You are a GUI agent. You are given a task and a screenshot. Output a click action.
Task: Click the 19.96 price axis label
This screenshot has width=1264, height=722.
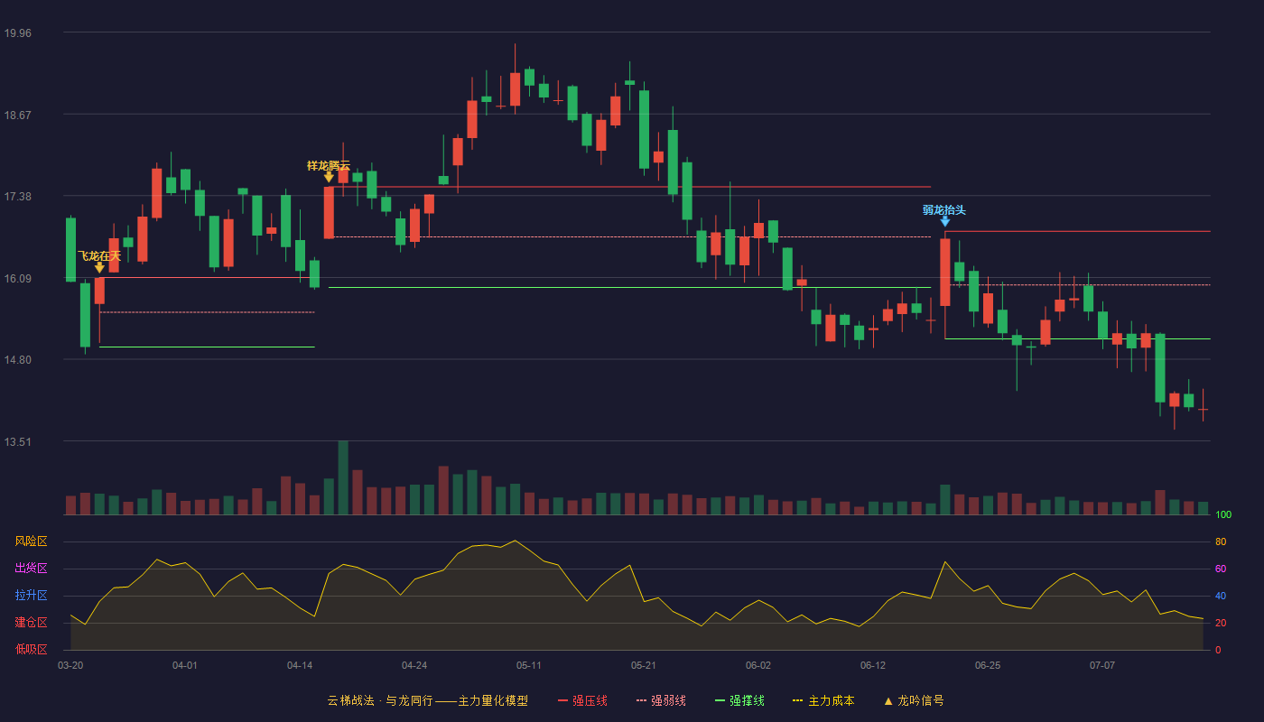click(x=17, y=32)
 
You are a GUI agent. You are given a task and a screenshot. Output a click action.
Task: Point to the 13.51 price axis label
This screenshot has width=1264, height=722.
click(x=17, y=441)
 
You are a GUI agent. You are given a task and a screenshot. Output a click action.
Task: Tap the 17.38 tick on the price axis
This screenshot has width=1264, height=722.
click(x=17, y=197)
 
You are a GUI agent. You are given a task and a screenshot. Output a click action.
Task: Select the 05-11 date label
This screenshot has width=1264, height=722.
click(x=529, y=666)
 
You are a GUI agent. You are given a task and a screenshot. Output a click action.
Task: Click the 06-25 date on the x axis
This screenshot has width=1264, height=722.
click(x=988, y=666)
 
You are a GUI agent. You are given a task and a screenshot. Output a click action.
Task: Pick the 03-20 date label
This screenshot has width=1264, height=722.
click(x=70, y=666)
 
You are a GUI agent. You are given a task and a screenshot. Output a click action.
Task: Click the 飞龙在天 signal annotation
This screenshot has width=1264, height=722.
click(x=99, y=256)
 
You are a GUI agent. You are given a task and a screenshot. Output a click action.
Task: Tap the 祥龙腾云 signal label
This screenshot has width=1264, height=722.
click(x=329, y=166)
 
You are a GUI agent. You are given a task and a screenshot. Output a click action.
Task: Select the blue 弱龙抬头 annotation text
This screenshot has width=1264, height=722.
click(x=944, y=210)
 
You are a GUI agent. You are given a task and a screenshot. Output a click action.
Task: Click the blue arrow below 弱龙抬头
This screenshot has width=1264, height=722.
click(x=945, y=222)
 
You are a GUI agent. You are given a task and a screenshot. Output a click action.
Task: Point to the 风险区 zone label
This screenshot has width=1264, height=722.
click(x=31, y=541)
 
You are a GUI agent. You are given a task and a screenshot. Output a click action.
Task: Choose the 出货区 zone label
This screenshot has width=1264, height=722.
click(x=31, y=568)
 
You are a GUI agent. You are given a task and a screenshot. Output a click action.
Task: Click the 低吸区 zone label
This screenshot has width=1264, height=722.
click(x=31, y=649)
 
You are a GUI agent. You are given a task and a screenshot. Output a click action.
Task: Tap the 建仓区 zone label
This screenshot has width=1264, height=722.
click(x=31, y=622)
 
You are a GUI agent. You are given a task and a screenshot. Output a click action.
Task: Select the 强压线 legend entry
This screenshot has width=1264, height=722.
click(x=582, y=700)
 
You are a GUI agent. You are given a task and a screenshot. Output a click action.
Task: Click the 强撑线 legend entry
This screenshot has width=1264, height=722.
click(x=739, y=700)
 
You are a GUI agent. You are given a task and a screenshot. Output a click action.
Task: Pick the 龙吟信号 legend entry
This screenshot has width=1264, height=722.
click(x=914, y=700)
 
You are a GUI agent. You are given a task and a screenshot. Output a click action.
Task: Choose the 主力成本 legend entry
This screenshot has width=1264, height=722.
click(x=823, y=700)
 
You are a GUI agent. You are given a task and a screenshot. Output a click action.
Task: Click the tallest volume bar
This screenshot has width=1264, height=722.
click(x=343, y=477)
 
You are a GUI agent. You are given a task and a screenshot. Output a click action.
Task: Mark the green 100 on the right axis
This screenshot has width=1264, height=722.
click(x=1223, y=514)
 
